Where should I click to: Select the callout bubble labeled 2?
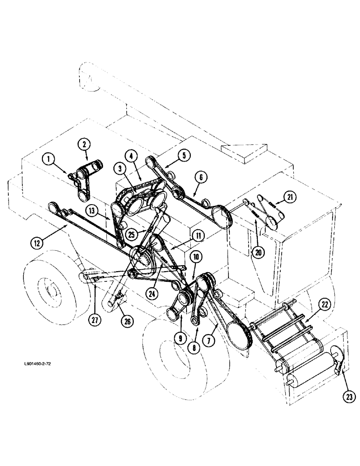pos(84,145)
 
